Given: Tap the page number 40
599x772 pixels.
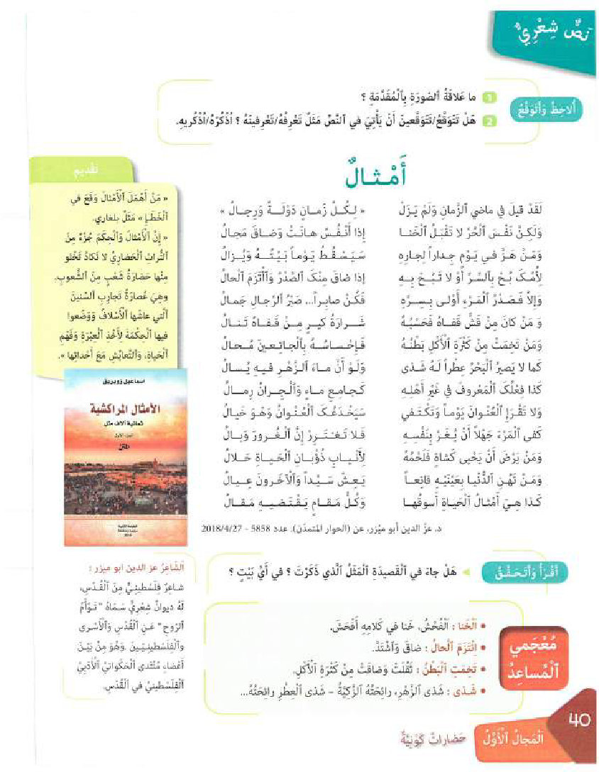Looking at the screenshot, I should pyautogui.click(x=578, y=720).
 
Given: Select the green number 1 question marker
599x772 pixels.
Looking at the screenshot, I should pyautogui.click(x=488, y=96).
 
